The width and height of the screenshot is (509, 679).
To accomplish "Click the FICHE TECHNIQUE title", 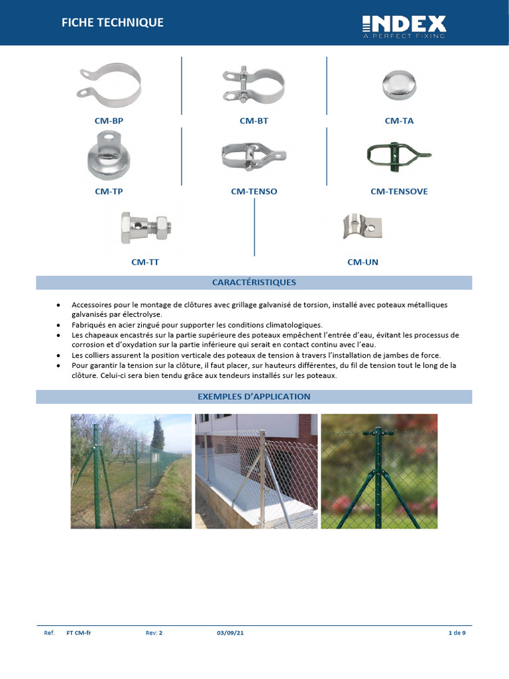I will (x=112, y=23).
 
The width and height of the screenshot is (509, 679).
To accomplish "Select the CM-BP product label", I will (x=109, y=121).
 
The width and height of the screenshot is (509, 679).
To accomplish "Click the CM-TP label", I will (x=109, y=192).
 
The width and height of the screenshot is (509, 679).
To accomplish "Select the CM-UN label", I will (x=363, y=262).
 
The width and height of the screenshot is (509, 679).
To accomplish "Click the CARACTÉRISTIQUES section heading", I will (x=254, y=282).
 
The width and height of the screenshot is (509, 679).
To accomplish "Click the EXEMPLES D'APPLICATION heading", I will (x=254, y=397).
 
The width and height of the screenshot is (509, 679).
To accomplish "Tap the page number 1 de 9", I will (x=457, y=633).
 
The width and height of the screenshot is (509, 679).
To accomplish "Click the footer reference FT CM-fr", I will (x=79, y=633).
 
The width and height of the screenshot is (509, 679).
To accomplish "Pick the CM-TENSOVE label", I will (x=399, y=192).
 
